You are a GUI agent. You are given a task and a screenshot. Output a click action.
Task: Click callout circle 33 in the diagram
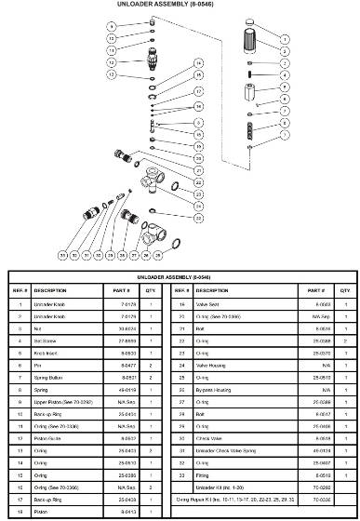[62, 253]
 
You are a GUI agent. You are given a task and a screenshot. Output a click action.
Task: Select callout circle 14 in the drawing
[198, 62]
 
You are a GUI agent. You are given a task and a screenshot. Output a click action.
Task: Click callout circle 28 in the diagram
[145, 253]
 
